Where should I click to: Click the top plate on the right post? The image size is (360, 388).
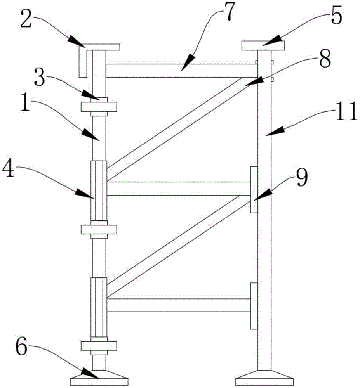pyautogui.click(x=263, y=45)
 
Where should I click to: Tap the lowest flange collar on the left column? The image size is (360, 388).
pyautogui.click(x=98, y=345)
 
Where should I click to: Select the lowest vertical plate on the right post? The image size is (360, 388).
pyautogui.click(x=254, y=306)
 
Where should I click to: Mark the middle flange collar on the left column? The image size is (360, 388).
pyautogui.click(x=98, y=229)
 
